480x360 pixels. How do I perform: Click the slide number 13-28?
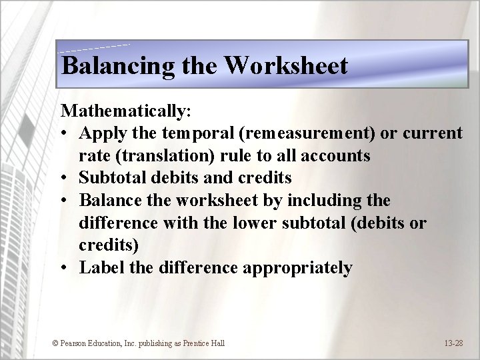454,343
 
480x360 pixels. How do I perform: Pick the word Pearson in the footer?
75,343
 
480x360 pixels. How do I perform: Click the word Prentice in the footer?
191,343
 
